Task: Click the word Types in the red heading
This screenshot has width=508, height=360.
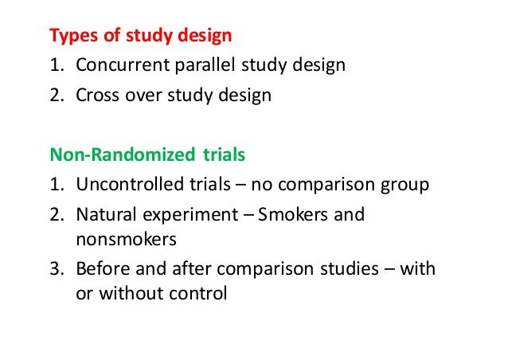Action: [70, 36]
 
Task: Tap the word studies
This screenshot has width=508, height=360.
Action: [354, 268]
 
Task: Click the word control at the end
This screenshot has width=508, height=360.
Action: [197, 293]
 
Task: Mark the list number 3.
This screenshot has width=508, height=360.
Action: [55, 268]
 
